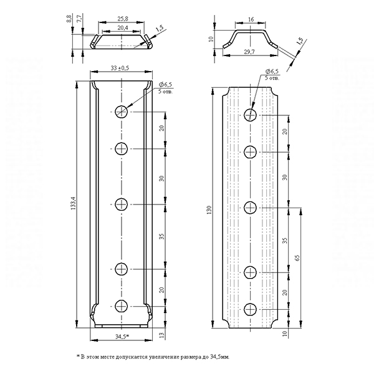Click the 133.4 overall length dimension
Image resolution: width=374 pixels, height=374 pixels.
click(x=73, y=203)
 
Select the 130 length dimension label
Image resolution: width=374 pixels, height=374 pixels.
click(x=209, y=209)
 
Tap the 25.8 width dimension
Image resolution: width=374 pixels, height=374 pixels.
click(x=123, y=18)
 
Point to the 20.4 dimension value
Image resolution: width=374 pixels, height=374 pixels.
click(x=123, y=28)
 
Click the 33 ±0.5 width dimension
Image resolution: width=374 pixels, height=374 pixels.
click(x=120, y=68)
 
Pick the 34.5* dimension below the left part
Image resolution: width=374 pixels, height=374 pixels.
click(x=122, y=337)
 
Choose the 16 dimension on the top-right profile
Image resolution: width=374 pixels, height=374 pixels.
click(x=251, y=19)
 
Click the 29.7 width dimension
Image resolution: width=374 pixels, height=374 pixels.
click(x=249, y=52)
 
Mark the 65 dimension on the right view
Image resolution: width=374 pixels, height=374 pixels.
click(x=297, y=258)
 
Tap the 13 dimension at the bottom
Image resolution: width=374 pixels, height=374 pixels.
click(x=161, y=335)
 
